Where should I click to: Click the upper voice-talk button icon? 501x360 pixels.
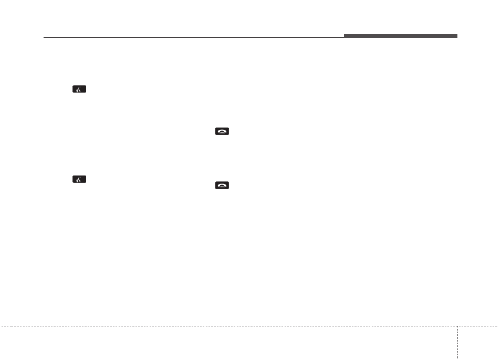click(79, 89)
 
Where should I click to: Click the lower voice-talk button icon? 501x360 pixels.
click(79, 179)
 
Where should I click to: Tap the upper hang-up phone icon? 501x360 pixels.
click(222, 132)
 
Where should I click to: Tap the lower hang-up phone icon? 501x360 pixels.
click(222, 185)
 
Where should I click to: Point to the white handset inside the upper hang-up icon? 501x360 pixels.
click(222, 132)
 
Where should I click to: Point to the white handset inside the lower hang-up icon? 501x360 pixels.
click(222, 186)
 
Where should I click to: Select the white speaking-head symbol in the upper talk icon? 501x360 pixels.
click(79, 90)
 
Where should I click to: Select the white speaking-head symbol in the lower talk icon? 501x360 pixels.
click(79, 180)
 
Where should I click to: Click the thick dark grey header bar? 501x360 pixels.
click(401, 36)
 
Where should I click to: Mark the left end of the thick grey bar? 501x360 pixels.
click(345, 36)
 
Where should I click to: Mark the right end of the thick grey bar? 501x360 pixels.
click(456, 36)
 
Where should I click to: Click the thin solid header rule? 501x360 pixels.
click(194, 38)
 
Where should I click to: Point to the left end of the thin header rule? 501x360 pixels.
click(44, 38)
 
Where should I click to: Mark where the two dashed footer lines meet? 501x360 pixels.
click(457, 326)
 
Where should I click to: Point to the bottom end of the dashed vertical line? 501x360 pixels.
click(457, 359)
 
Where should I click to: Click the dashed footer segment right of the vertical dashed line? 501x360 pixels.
click(478, 326)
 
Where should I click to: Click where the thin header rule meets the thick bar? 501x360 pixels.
click(345, 38)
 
